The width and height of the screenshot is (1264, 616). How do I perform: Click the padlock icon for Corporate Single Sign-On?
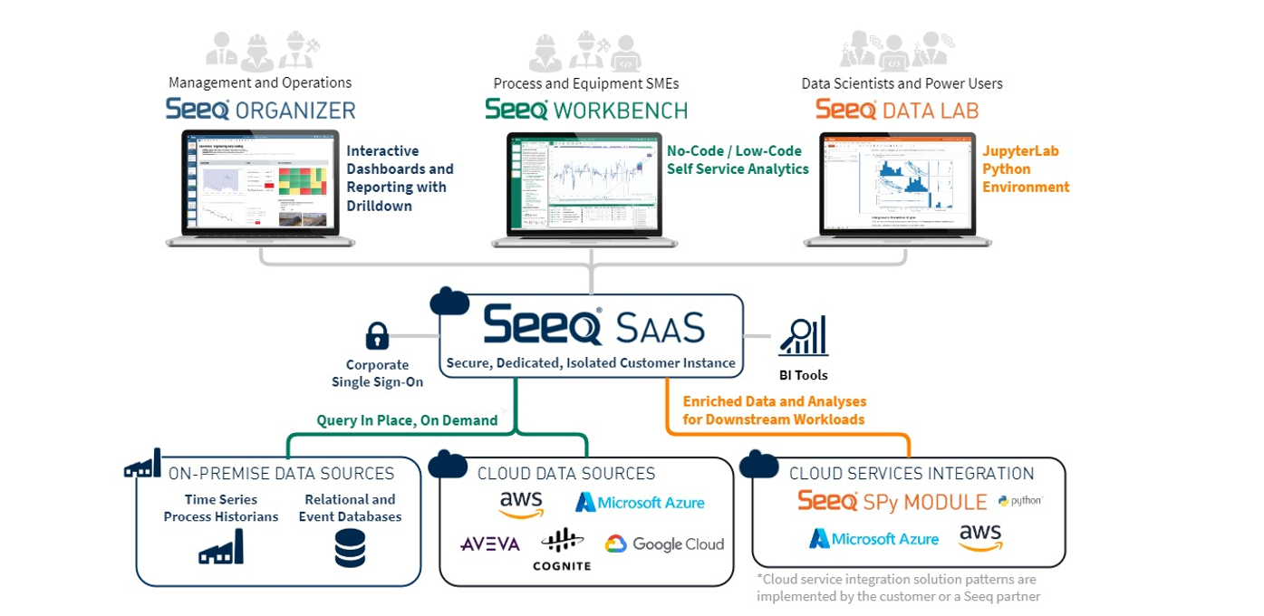(x=377, y=336)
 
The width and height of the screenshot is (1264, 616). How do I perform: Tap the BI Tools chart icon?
(x=803, y=336)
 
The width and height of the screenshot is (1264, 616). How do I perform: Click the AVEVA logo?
(x=490, y=544)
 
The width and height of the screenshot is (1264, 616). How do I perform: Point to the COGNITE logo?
(x=562, y=550)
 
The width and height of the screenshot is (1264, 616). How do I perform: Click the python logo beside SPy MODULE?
(x=1020, y=501)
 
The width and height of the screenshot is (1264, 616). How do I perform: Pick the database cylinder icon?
(x=350, y=549)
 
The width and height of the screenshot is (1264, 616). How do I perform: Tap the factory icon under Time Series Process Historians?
(x=221, y=547)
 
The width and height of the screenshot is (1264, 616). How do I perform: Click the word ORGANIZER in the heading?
(x=295, y=111)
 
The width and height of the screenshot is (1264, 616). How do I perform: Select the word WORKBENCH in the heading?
(x=621, y=111)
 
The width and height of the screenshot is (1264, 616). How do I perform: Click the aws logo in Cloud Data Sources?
(x=521, y=503)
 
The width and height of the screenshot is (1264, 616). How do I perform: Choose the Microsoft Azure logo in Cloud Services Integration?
(x=874, y=539)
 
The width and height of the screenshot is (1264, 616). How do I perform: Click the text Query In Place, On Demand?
(x=407, y=420)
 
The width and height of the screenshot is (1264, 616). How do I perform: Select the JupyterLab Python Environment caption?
(x=1026, y=169)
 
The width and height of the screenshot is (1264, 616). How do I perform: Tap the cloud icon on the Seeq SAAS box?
(x=449, y=300)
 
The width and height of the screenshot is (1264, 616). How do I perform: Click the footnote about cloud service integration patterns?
(x=898, y=587)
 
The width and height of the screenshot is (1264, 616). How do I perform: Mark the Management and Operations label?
(x=260, y=83)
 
